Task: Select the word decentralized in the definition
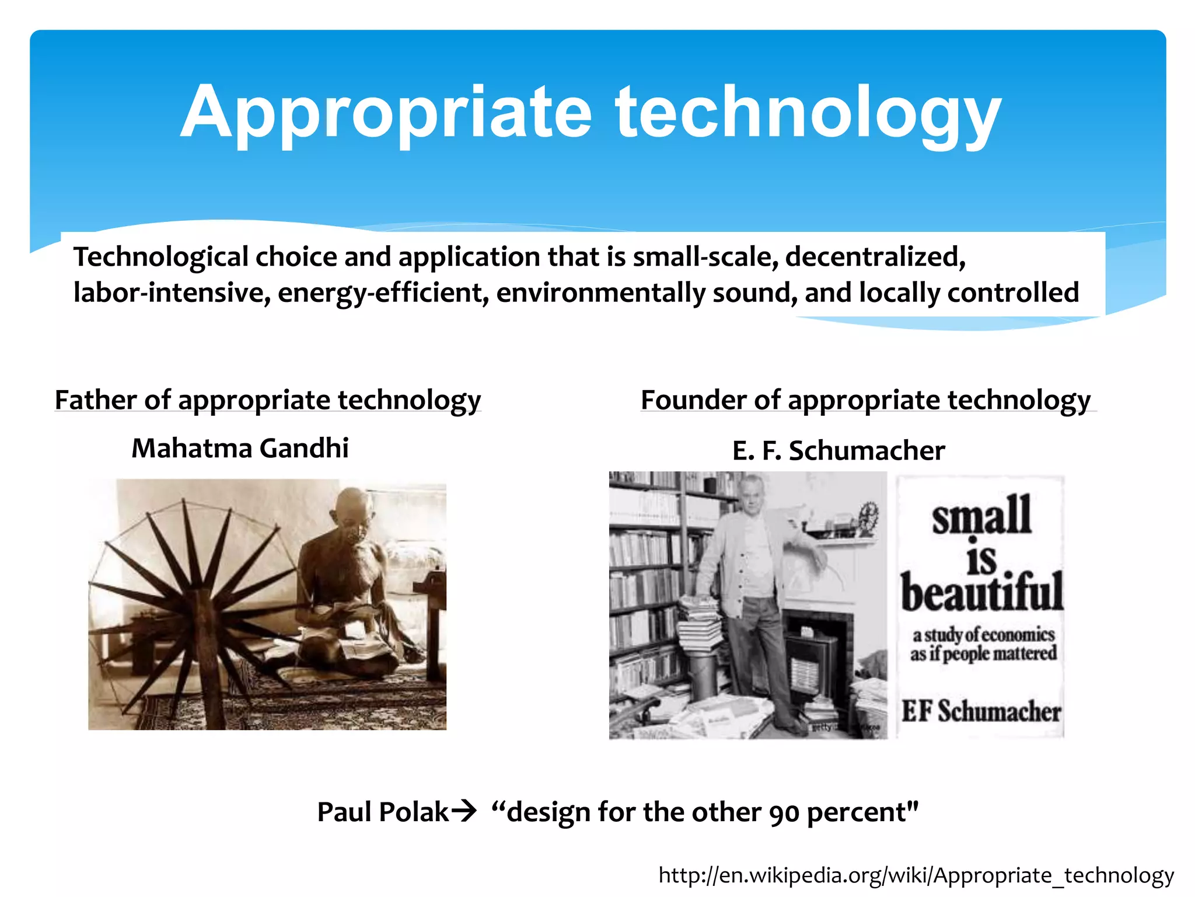coord(875,257)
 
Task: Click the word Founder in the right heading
coord(693,401)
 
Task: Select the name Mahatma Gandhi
coord(240,448)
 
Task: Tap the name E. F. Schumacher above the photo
coord(838,451)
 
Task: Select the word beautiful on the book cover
coord(981,593)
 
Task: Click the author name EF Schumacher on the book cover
coord(981,711)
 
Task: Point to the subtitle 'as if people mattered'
coord(984,653)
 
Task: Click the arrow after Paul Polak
coord(464,812)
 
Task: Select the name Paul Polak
coord(383,812)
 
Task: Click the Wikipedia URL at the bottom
coord(916,875)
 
